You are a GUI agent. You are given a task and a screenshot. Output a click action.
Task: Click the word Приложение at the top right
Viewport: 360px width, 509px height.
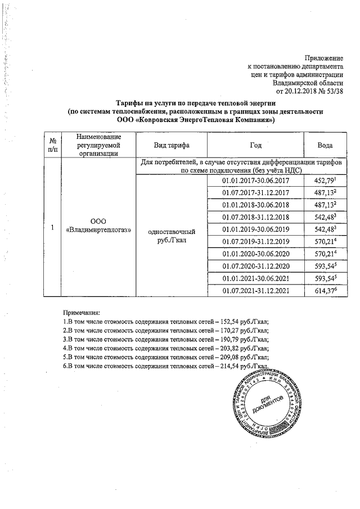pos(323,58)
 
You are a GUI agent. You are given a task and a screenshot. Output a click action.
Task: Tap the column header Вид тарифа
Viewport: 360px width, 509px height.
pos(171,145)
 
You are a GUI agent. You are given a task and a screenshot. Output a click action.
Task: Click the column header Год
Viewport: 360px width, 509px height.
pos(255,145)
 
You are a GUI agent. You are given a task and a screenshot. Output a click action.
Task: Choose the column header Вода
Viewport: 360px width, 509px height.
pos(326,145)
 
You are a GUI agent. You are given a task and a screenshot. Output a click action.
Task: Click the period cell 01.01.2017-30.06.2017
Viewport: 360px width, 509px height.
pos(255,181)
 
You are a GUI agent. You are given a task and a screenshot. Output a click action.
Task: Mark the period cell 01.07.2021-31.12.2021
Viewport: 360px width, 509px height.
pos(255,290)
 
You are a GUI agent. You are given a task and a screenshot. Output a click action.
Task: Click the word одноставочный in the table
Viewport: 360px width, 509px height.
pos(171,232)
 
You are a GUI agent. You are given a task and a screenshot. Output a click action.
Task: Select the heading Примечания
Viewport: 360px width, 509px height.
pos(82,312)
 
